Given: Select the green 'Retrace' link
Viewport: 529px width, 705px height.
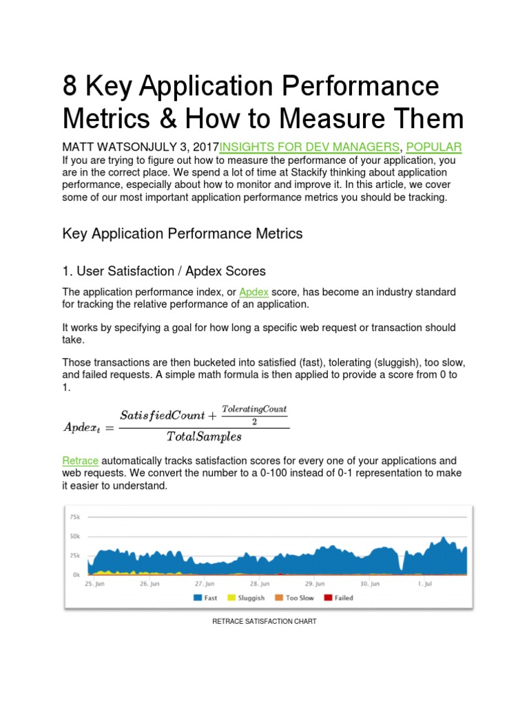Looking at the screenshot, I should (81, 460).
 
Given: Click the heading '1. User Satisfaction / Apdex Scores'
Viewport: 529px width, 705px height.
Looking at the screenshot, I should (163, 271).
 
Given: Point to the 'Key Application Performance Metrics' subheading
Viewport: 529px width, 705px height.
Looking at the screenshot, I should (183, 233).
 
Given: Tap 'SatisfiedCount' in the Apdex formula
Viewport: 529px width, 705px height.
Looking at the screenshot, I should (163, 415).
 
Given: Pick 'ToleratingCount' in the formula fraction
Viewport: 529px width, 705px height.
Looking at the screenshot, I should (253, 409).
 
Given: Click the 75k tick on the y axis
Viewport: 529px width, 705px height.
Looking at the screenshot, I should (74, 516).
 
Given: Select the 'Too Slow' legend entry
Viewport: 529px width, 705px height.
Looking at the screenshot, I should (295, 598).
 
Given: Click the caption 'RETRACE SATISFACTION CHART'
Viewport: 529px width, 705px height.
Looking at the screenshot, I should (265, 622).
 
